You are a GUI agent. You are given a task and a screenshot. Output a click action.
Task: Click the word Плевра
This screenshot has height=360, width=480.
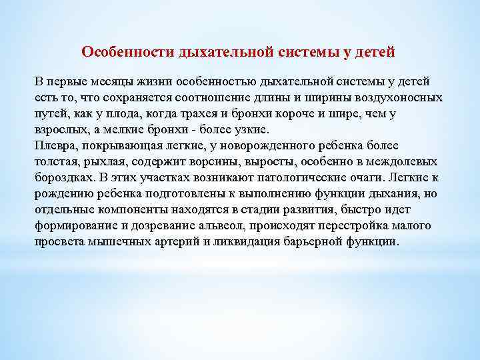point(57,145)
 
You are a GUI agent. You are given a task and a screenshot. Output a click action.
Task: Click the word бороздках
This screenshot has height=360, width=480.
point(65,177)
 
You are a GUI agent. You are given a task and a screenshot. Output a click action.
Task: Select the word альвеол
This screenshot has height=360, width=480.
point(245,225)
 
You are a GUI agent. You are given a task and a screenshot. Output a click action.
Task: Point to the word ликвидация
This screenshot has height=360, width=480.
point(257,241)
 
